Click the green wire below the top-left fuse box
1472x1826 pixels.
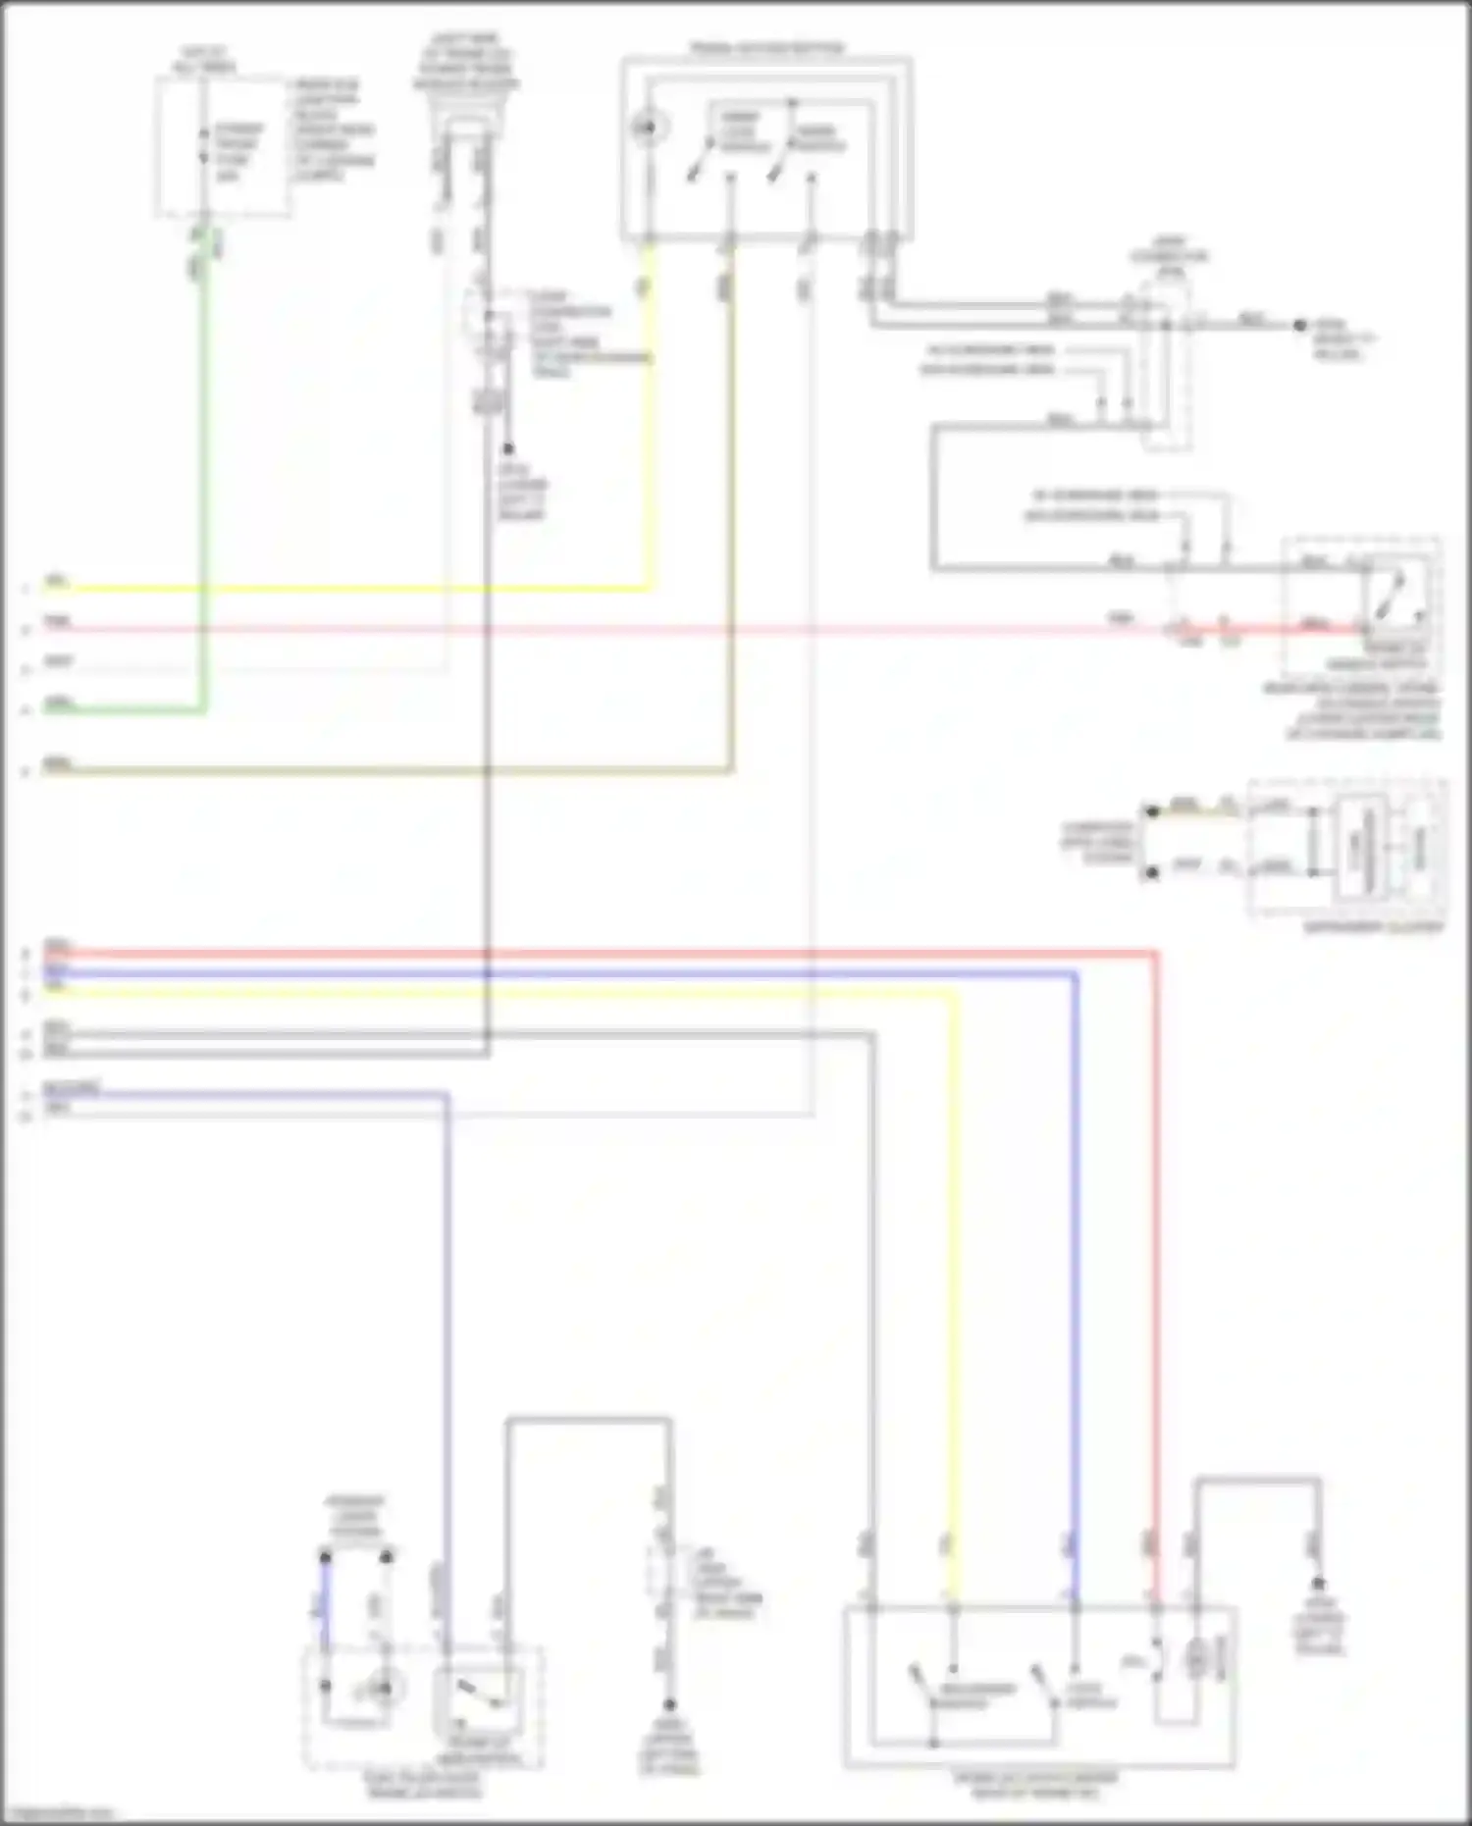coord(204,491)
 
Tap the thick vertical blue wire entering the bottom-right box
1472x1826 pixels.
coord(1075,1276)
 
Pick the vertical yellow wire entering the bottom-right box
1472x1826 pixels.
coord(953,1276)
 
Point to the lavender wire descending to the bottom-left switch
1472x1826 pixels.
coord(447,1374)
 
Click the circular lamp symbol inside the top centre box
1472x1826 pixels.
coord(647,128)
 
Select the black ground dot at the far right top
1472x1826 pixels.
coord(1299,325)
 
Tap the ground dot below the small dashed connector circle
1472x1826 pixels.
coord(508,449)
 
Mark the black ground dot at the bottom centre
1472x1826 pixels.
coord(670,1705)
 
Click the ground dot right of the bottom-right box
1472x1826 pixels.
coord(1318,1584)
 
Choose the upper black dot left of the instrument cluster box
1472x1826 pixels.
coord(1151,811)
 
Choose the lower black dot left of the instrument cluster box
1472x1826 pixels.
coord(1151,870)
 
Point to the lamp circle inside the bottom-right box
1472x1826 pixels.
coord(1195,1658)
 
